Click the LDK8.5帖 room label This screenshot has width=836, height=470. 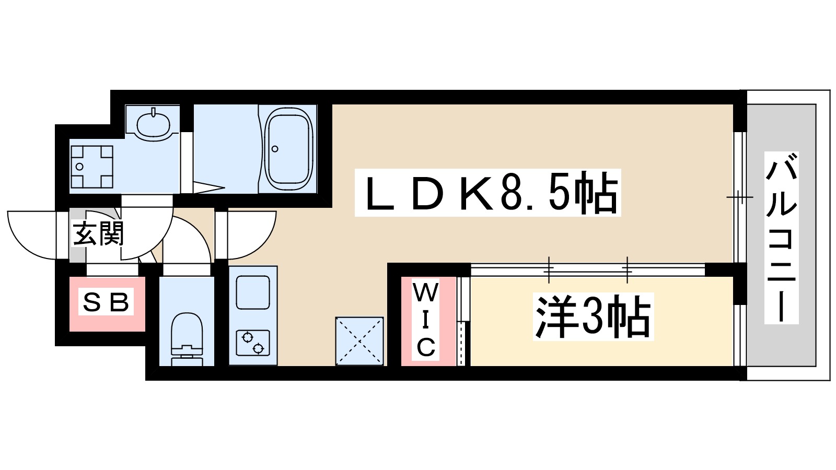[487, 193]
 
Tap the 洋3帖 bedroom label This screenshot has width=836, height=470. [593, 316]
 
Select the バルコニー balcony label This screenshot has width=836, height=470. [781, 237]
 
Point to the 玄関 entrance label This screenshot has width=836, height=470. [98, 233]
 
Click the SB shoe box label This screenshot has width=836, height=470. [106, 302]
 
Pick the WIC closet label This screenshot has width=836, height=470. [425, 320]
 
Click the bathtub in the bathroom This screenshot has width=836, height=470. [288, 149]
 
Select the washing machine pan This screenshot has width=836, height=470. [92, 167]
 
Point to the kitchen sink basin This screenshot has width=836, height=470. [253, 292]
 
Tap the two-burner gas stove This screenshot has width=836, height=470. [252, 343]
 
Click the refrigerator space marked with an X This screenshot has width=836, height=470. [359, 341]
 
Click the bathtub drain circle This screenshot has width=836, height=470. [275, 149]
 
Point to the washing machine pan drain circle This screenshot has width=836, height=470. [79, 167]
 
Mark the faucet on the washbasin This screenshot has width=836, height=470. [154, 112]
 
